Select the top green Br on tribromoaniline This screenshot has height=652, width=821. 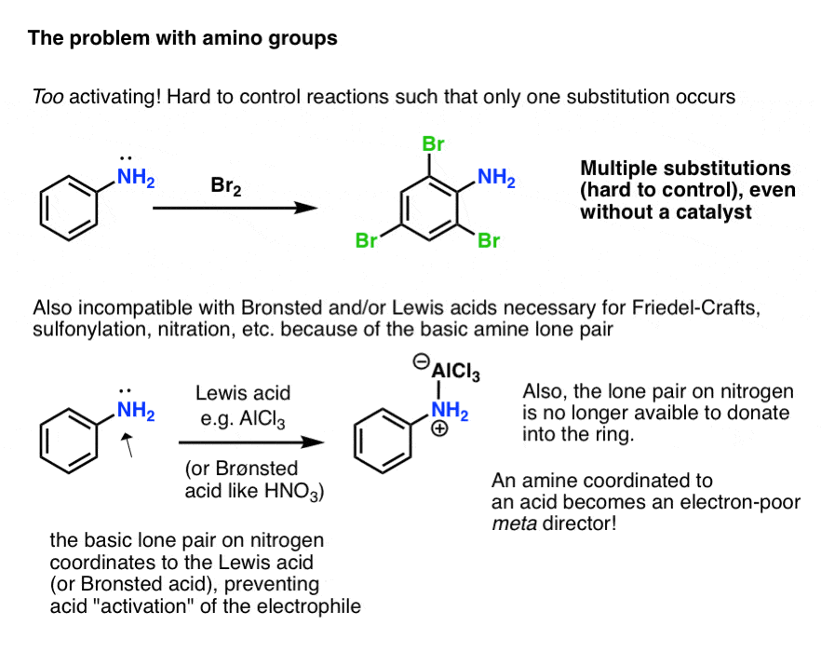click(434, 144)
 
